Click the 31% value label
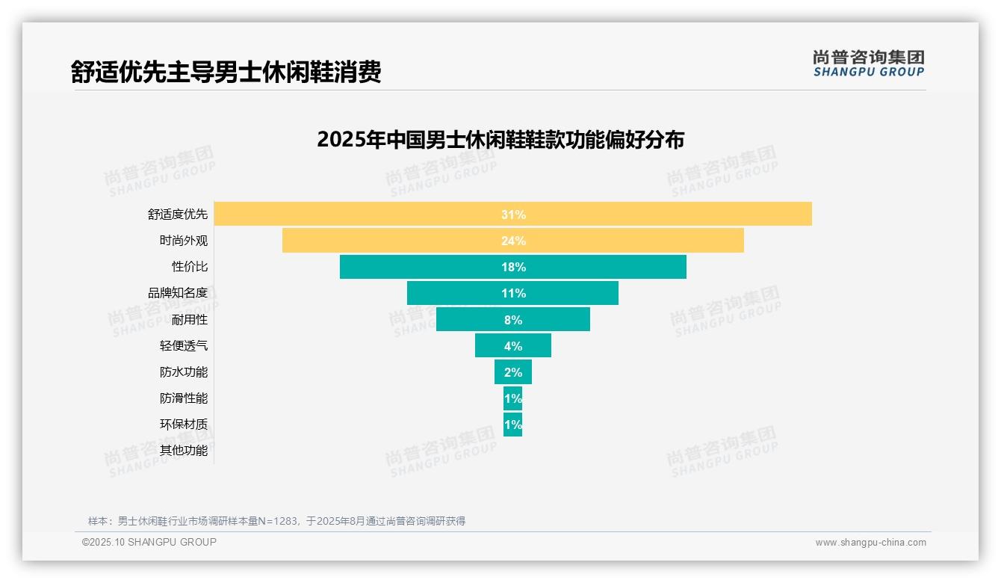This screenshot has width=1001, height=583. [x=513, y=215]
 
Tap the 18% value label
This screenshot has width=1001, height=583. [x=513, y=267]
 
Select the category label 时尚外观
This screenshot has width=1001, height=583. [x=183, y=241]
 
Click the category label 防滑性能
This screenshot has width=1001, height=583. [x=183, y=398]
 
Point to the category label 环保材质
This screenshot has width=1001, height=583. [x=183, y=424]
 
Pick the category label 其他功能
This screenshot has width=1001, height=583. [x=183, y=451]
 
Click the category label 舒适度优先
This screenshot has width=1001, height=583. [x=177, y=215]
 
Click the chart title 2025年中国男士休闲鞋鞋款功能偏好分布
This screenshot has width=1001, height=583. [x=500, y=140]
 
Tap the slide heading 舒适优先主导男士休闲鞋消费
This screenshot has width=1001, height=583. [x=226, y=72]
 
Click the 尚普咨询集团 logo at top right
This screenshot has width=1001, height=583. [x=868, y=64]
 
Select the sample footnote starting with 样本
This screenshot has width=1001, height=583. [x=276, y=521]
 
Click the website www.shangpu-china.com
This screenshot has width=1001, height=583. [x=870, y=543]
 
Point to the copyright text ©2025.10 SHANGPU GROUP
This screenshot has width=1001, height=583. [x=149, y=542]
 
